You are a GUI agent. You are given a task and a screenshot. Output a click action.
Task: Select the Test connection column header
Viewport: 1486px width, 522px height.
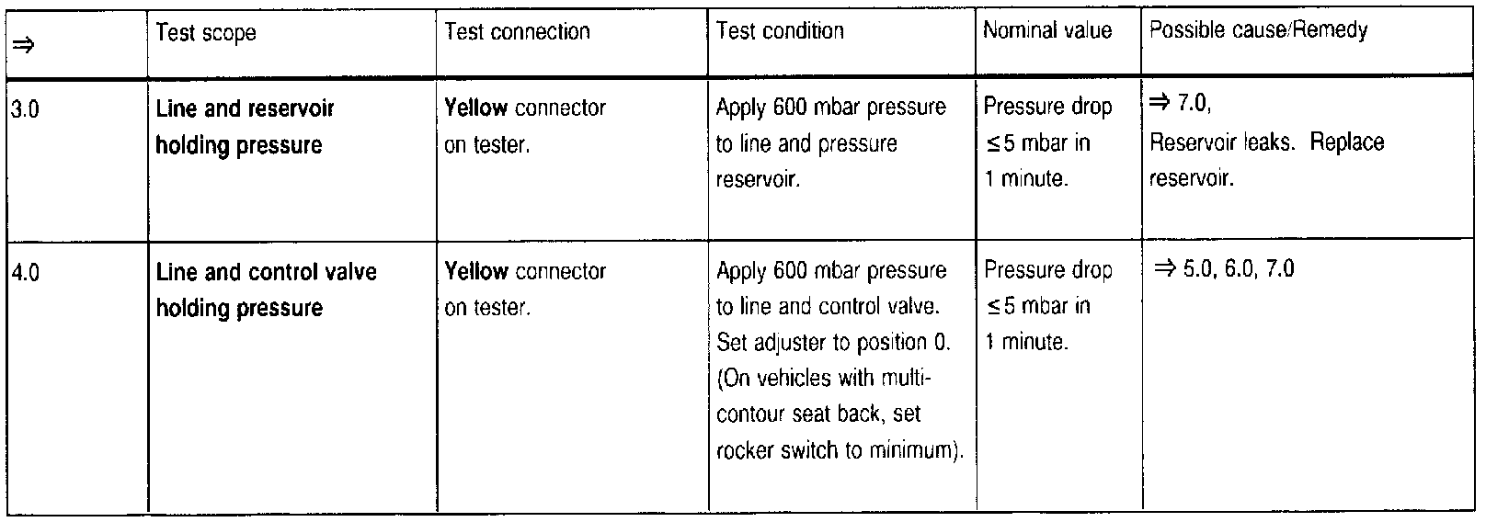coord(517,32)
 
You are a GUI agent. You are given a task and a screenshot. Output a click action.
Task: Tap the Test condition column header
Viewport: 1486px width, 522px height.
coord(780,31)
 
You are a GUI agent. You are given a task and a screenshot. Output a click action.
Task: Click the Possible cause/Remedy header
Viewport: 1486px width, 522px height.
coord(1258,30)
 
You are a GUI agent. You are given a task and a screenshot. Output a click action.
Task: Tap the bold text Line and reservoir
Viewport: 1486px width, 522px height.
coord(245,108)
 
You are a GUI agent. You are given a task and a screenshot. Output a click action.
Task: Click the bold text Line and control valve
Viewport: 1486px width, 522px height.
coord(266,272)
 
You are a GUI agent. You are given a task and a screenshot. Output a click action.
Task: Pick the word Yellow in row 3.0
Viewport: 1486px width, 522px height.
coord(475,108)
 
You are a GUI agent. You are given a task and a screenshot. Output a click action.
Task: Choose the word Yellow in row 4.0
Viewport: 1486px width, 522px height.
coord(475,271)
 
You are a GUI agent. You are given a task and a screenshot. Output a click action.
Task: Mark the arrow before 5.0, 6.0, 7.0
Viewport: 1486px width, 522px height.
coord(1165,269)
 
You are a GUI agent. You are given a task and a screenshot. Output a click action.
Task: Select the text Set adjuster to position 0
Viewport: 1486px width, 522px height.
coord(833,343)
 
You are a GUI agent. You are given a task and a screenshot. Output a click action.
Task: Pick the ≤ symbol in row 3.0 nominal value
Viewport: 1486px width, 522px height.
coord(991,144)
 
